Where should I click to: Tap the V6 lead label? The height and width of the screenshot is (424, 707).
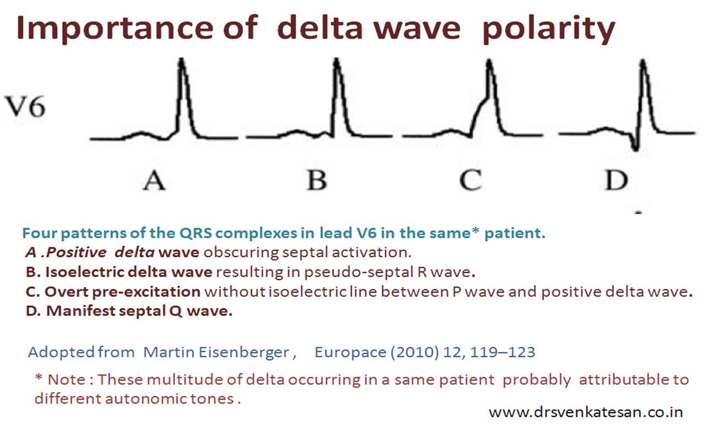pyautogui.click(x=25, y=107)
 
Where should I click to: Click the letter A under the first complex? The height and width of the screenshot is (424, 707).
pyautogui.click(x=154, y=180)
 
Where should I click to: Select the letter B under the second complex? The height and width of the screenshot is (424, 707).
pyautogui.click(x=317, y=180)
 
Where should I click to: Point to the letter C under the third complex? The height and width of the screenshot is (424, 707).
pyautogui.click(x=471, y=180)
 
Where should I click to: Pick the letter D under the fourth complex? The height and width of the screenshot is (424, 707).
pyautogui.click(x=616, y=180)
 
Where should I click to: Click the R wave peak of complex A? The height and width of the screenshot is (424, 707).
pyautogui.click(x=182, y=60)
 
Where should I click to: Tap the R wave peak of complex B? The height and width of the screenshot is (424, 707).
pyautogui.click(x=337, y=60)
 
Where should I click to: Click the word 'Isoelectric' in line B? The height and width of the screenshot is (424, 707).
pyautogui.click(x=86, y=272)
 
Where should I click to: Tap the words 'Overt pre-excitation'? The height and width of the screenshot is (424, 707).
pyautogui.click(x=123, y=292)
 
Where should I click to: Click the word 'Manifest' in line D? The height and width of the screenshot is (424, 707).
pyautogui.click(x=81, y=311)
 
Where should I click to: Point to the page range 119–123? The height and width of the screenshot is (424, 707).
pyautogui.click(x=502, y=352)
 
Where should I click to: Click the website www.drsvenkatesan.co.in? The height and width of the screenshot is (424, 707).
pyautogui.click(x=586, y=412)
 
